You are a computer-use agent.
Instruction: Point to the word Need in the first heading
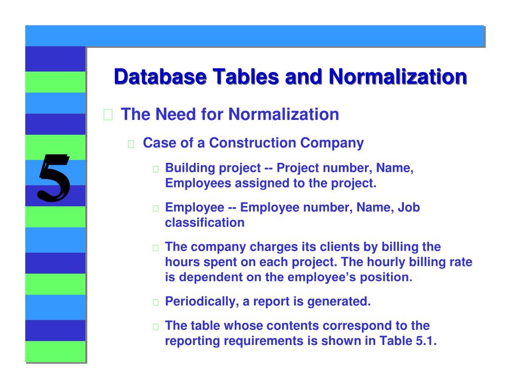pyautogui.click(x=174, y=114)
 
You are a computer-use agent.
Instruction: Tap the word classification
pyautogui.click(x=205, y=223)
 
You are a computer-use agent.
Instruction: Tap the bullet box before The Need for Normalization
pyautogui.click(x=108, y=116)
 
